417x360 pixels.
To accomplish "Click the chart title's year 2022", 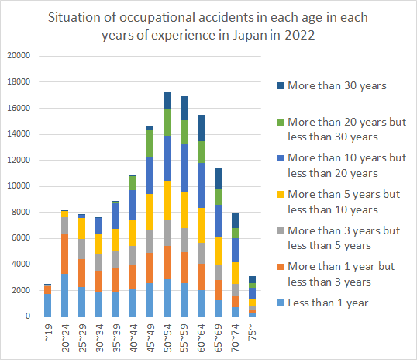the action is tap(300, 35).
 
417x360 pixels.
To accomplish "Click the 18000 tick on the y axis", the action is tap(19, 81).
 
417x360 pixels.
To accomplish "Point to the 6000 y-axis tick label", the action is tap(21, 237).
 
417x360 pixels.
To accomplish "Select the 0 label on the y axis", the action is tap(28, 316).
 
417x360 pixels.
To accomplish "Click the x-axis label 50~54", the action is tap(167, 338).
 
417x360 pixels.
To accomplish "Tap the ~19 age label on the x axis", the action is tap(48, 333).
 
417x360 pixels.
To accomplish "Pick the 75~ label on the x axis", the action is tap(253, 332).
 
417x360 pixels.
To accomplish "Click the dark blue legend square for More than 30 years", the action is tap(281, 86).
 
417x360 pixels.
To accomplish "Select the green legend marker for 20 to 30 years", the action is tap(281, 122).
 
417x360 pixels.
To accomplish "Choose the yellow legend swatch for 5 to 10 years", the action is tap(281, 195).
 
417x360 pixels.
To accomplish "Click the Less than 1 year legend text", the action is tap(328, 303).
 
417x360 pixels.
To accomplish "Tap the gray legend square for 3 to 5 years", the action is tap(281, 230).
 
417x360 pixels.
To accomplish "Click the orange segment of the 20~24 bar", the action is tap(64, 254).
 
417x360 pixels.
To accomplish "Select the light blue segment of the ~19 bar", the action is tap(47, 305).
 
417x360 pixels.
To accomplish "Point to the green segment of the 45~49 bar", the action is tap(150, 144).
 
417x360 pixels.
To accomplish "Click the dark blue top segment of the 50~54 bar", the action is tap(167, 101).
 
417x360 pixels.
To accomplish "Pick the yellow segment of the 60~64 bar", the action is tap(201, 225).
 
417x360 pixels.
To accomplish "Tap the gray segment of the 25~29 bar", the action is tap(81, 249).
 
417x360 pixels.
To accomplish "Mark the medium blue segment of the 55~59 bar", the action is tap(184, 168).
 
